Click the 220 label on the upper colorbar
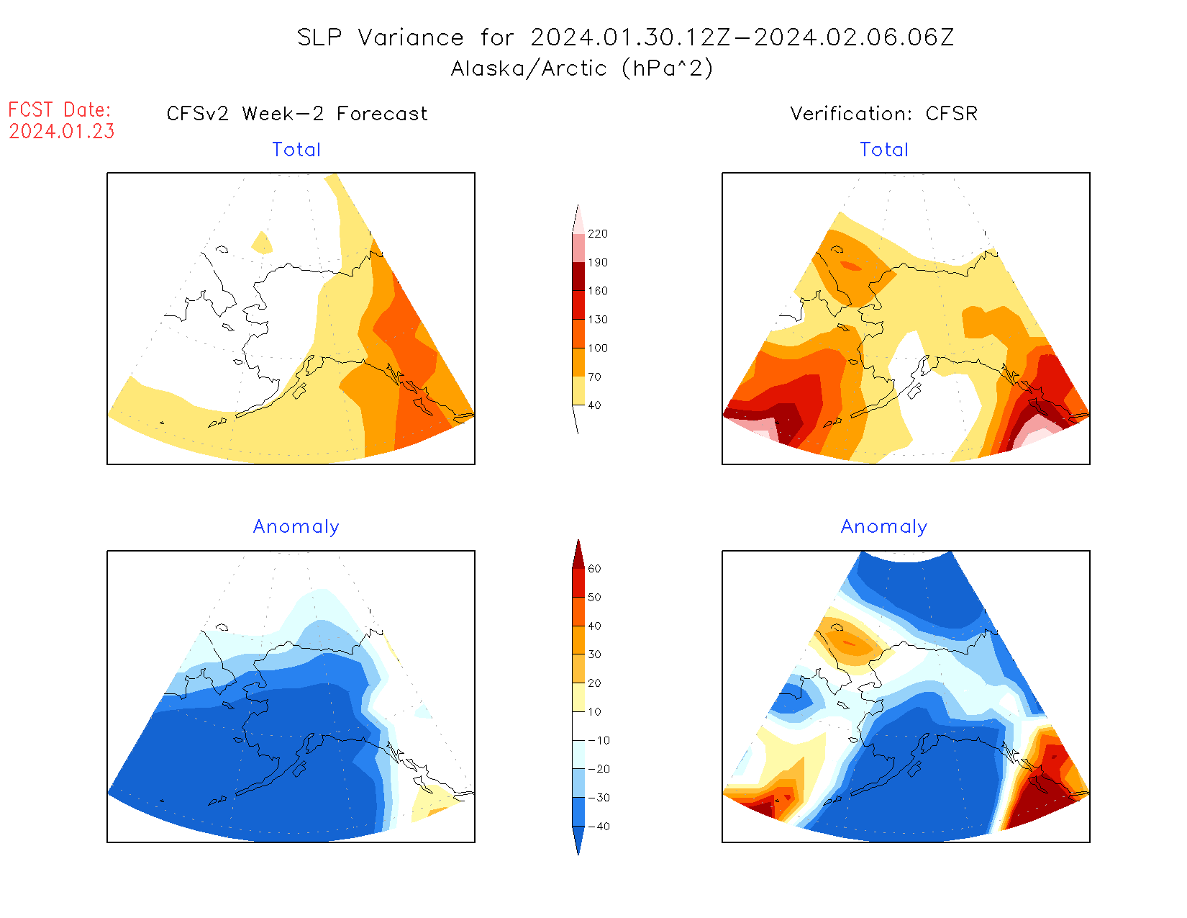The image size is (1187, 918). click(x=597, y=234)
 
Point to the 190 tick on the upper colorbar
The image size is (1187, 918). click(x=597, y=263)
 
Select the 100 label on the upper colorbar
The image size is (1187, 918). click(x=597, y=348)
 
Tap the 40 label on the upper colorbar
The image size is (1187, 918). click(x=594, y=405)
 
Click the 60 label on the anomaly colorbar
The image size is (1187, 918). click(x=594, y=569)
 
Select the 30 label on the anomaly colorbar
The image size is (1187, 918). click(x=594, y=654)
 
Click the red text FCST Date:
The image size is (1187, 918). click(x=60, y=110)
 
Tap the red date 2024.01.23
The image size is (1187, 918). click(x=62, y=132)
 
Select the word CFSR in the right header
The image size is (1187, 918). click(x=951, y=114)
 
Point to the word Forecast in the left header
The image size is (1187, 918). click(x=382, y=114)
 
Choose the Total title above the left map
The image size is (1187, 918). click(x=296, y=150)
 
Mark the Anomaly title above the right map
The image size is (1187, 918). click(x=884, y=527)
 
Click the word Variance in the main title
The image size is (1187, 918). click(x=411, y=37)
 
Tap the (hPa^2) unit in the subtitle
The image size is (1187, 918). click(x=668, y=68)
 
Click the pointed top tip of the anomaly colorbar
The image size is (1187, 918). click(x=578, y=541)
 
